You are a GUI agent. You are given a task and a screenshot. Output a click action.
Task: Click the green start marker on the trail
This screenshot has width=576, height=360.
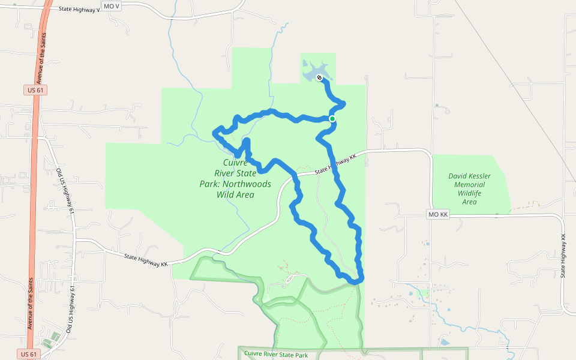click(332, 119)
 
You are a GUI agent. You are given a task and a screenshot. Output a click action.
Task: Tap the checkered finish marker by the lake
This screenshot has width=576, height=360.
click(320, 77)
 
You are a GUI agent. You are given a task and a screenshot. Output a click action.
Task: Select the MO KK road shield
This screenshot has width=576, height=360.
click(439, 214)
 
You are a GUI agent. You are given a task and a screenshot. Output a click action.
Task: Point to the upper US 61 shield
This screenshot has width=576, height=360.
click(36, 90)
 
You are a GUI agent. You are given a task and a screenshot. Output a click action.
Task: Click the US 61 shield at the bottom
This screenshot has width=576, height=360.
click(28, 354)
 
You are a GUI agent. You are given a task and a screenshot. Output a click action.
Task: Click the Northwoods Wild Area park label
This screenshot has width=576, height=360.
click(235, 178)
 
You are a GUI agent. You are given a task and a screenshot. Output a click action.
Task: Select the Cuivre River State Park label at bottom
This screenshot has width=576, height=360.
click(276, 355)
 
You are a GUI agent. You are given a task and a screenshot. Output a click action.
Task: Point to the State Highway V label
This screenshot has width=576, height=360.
click(80, 10)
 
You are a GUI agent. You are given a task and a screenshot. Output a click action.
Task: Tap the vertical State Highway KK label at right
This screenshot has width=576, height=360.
click(564, 255)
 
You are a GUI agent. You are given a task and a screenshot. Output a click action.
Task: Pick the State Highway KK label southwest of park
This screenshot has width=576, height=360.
click(146, 260)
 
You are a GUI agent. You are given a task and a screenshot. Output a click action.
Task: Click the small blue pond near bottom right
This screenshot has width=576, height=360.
click(445, 342)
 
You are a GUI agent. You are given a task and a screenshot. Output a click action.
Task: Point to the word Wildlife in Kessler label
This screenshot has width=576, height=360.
click(469, 193)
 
